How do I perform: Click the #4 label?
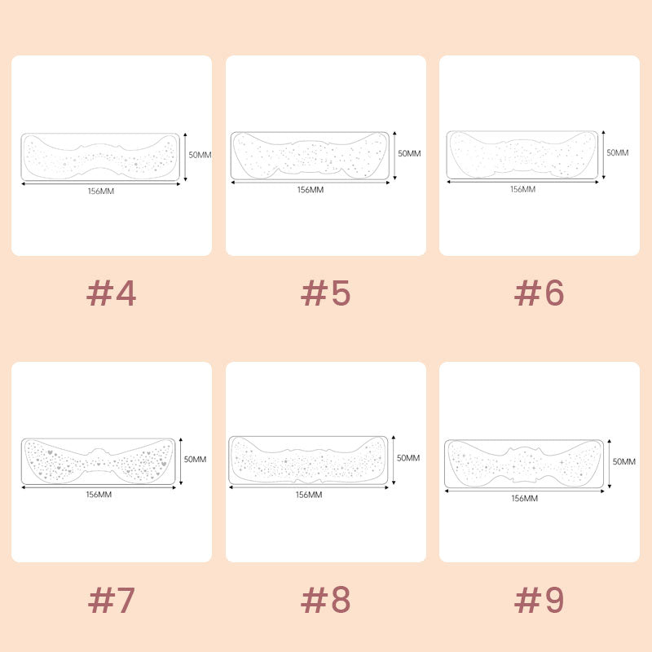pos(111,293)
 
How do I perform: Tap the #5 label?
pos(325,293)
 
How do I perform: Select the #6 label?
pos(540,293)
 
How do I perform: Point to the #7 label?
pos(111,600)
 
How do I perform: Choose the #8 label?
pos(325,600)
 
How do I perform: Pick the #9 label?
pos(540,600)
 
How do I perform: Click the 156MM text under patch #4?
pos(101,192)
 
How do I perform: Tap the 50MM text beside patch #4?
pos(200,155)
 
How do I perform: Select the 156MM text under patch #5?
pos(311,190)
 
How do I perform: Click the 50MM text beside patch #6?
pos(618,152)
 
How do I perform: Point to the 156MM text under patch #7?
pos(99,495)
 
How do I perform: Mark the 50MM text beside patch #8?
pos(408,458)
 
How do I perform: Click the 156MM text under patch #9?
pos(524,498)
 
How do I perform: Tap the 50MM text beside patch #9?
pos(624,461)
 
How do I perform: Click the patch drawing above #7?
pos(99,461)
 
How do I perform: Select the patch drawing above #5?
pos(311,156)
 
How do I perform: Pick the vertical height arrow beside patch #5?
pos(394,156)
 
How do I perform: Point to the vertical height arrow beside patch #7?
pos(181,461)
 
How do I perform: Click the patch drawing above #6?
pos(522,155)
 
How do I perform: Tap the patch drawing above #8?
pos(308,460)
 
